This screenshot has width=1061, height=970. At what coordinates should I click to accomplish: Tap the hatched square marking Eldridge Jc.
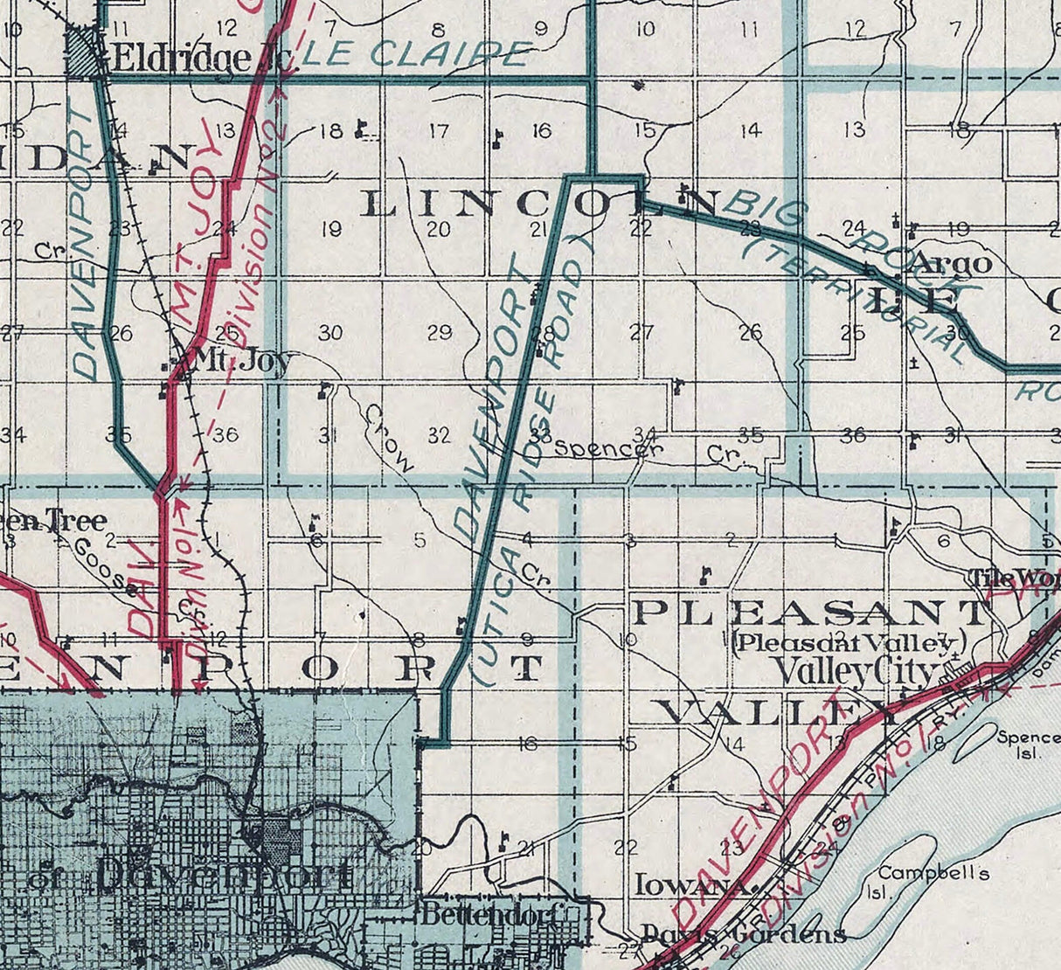85,54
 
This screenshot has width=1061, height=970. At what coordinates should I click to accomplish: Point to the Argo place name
955,263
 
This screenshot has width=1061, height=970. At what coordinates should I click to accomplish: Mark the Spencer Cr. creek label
647,451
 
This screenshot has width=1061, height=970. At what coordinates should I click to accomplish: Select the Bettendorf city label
489,916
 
